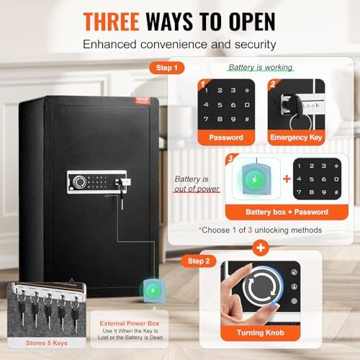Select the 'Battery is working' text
(x=261, y=67)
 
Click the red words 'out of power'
(x=192, y=191)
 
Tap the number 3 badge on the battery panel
(x=230, y=158)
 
